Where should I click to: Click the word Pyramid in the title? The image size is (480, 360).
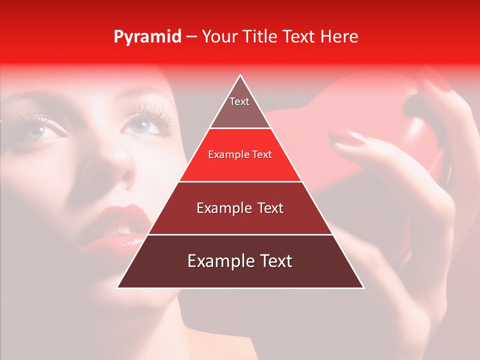[147, 37]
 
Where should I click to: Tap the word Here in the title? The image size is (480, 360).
[339, 36]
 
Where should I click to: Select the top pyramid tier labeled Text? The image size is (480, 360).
[239, 107]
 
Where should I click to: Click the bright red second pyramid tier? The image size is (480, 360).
[240, 155]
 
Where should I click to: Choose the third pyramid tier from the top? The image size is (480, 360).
[240, 208]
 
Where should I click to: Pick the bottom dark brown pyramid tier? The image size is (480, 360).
[240, 261]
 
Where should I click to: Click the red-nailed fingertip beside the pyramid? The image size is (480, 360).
[347, 137]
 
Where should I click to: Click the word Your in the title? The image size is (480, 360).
[218, 36]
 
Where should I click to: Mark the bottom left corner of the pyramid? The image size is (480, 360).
[118, 287]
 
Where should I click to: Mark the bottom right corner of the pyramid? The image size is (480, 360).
[363, 287]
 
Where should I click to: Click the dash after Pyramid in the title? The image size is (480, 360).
[191, 37]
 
